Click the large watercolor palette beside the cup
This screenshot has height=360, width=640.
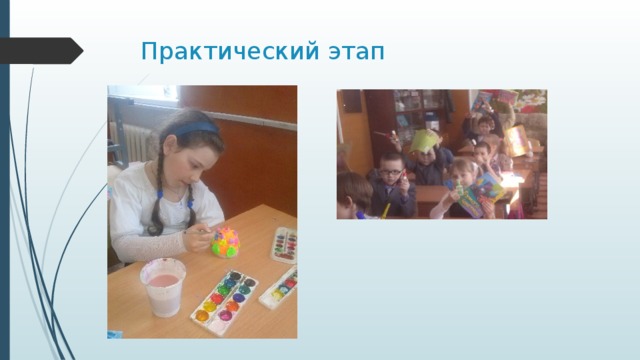(227, 298)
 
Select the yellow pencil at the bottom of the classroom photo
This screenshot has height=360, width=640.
(386, 210)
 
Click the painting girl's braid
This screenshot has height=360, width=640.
(156, 200)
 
